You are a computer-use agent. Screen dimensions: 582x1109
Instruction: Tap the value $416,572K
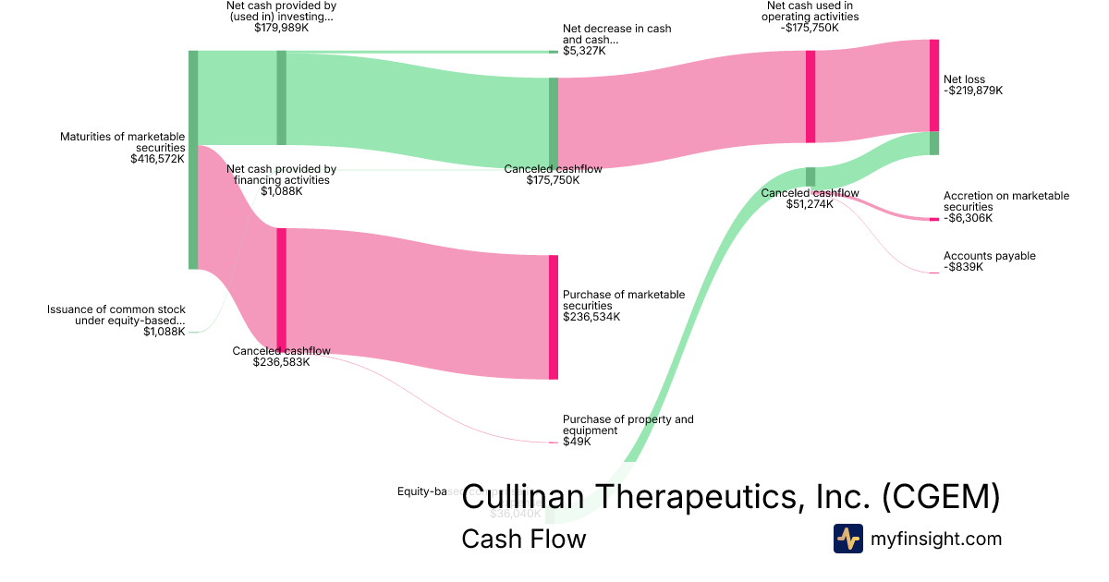coord(158,159)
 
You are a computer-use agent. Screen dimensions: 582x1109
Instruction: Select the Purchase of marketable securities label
coord(624,300)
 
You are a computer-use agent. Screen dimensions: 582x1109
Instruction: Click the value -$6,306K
coord(968,218)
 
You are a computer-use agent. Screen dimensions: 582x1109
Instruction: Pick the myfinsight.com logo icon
coord(847,539)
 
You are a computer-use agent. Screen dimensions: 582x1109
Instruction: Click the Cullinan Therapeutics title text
coord(730,498)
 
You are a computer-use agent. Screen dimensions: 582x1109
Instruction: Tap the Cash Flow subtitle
coord(523,539)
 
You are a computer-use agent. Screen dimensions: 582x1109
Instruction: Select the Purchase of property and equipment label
coord(628,425)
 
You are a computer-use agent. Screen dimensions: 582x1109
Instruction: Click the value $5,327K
coord(584,51)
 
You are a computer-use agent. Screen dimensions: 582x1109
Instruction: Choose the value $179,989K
coord(281,28)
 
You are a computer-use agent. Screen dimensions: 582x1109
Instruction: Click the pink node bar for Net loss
coord(934,85)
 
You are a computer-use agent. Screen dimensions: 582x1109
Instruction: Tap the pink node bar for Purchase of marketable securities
coord(554,317)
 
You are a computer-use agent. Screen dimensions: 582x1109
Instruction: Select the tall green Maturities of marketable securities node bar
coord(193,159)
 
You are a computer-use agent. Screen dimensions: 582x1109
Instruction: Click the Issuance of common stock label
coord(116,315)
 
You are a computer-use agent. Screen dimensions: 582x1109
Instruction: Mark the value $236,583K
coord(281,362)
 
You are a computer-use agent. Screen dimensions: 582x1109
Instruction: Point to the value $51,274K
coord(810,204)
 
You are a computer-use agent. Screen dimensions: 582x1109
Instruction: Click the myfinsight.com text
coord(936,539)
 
